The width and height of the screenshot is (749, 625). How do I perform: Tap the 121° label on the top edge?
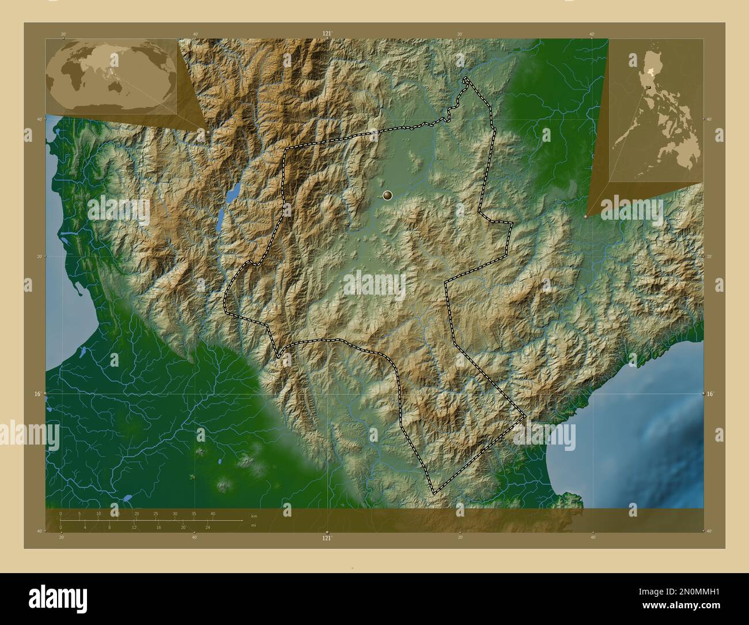point(327,33)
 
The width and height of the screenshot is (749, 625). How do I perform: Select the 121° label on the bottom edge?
point(327,537)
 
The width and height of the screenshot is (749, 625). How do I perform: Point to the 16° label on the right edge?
point(710,393)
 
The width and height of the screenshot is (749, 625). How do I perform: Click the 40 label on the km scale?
point(213,514)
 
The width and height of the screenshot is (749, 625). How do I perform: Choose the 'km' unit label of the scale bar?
point(254,515)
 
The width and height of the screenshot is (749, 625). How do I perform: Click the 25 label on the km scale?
point(156,514)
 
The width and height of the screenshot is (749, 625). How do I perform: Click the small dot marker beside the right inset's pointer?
point(586,217)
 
